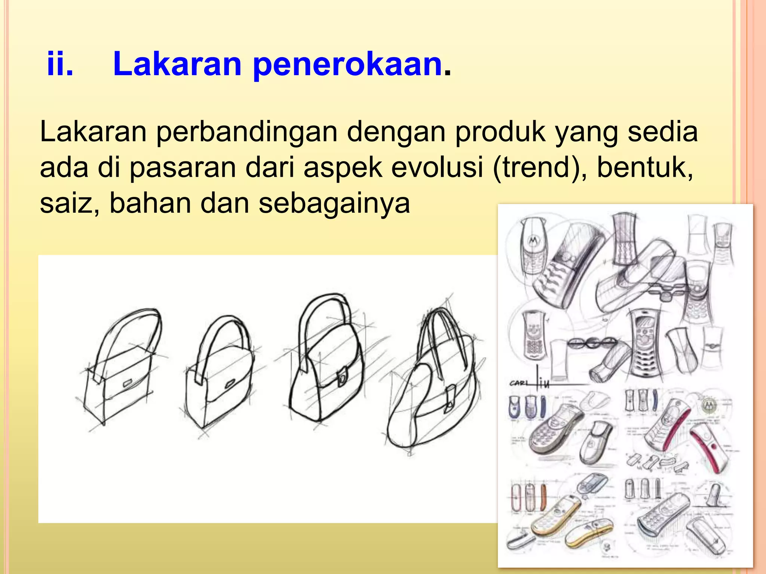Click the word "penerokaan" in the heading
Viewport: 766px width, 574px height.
tap(348, 64)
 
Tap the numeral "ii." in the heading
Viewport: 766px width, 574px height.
tap(60, 64)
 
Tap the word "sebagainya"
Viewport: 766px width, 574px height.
tap(334, 204)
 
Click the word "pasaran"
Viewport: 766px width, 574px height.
tap(183, 167)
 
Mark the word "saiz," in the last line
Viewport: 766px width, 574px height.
tap(70, 204)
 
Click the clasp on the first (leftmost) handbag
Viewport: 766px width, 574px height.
tap(127, 383)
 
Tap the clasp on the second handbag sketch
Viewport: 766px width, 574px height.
tap(230, 383)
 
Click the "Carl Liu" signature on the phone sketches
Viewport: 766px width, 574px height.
tap(531, 382)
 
